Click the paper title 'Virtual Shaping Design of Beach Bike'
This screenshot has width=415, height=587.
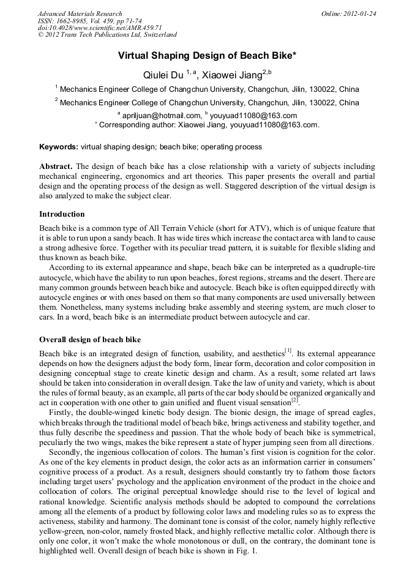point(207,56)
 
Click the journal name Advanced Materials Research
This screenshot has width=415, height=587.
point(80,13)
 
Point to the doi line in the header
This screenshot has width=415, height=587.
point(100,28)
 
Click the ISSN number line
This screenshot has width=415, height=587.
point(89,21)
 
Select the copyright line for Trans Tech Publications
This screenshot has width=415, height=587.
point(107,35)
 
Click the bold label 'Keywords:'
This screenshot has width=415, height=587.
point(58,147)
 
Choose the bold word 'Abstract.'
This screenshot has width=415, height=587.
point(56,166)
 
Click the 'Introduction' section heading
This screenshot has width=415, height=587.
point(62,214)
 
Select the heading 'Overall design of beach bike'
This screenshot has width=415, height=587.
point(89,339)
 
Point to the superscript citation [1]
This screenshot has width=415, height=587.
point(288,351)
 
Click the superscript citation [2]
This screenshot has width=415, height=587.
point(294,400)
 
